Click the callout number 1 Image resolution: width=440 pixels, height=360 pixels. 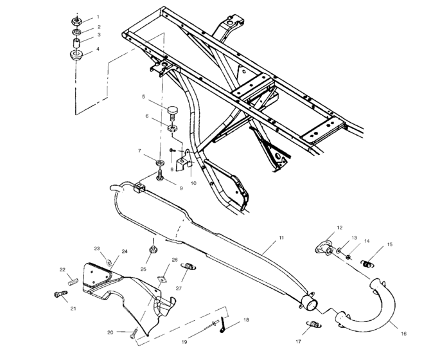pos(98,15)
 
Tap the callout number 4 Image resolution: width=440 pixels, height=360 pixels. pos(98,48)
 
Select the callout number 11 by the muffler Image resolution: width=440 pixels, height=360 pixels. pos(281,238)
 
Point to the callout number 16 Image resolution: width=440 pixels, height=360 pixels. pos(403,334)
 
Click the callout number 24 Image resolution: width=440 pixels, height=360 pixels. pos(124,251)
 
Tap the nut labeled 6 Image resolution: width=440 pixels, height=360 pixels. pos(172,127)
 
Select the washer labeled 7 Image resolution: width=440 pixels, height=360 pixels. pos(160,159)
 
